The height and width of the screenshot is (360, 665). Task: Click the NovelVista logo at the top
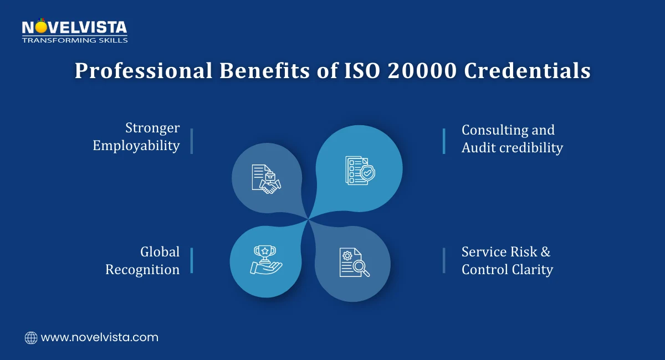[74, 27]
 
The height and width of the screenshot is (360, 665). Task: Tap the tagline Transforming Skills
[74, 40]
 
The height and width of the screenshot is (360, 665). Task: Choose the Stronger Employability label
[136, 137]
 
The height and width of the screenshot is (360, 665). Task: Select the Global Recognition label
[142, 260]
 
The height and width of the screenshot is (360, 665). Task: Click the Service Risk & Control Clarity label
[507, 260]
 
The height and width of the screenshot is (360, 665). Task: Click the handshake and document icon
[266, 179]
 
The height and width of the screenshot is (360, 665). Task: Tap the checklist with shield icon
[360, 170]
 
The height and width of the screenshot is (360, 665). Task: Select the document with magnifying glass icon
[354, 263]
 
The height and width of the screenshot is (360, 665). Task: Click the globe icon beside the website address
[31, 337]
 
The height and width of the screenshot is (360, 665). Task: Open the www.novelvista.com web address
[100, 337]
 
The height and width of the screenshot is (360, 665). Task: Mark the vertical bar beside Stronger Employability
[192, 141]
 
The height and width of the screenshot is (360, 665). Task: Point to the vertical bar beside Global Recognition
[192, 260]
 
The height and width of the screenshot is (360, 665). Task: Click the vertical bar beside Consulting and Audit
[444, 141]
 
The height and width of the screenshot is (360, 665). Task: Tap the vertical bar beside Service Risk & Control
[444, 260]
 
